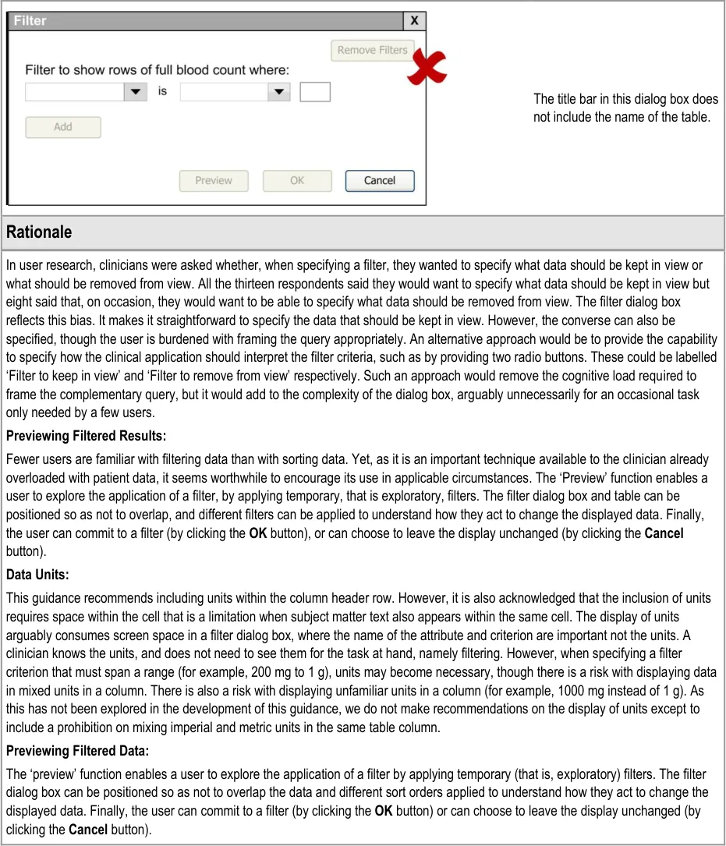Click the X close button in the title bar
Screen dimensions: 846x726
[x=414, y=21]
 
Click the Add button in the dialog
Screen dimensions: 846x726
[x=63, y=127]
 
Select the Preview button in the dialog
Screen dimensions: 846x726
[x=214, y=181]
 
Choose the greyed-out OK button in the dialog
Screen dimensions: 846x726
[x=297, y=181]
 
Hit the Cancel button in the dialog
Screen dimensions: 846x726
[x=380, y=181]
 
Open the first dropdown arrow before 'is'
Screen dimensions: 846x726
[x=136, y=92]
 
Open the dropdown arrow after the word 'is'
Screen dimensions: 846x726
[x=279, y=92]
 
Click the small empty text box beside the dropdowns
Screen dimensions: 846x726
[x=315, y=92]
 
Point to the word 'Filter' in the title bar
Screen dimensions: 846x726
[x=30, y=21]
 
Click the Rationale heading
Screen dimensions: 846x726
[x=39, y=232]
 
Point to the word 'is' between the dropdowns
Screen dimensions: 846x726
[x=162, y=92]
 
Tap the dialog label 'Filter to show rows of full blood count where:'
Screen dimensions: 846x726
[x=157, y=70]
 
